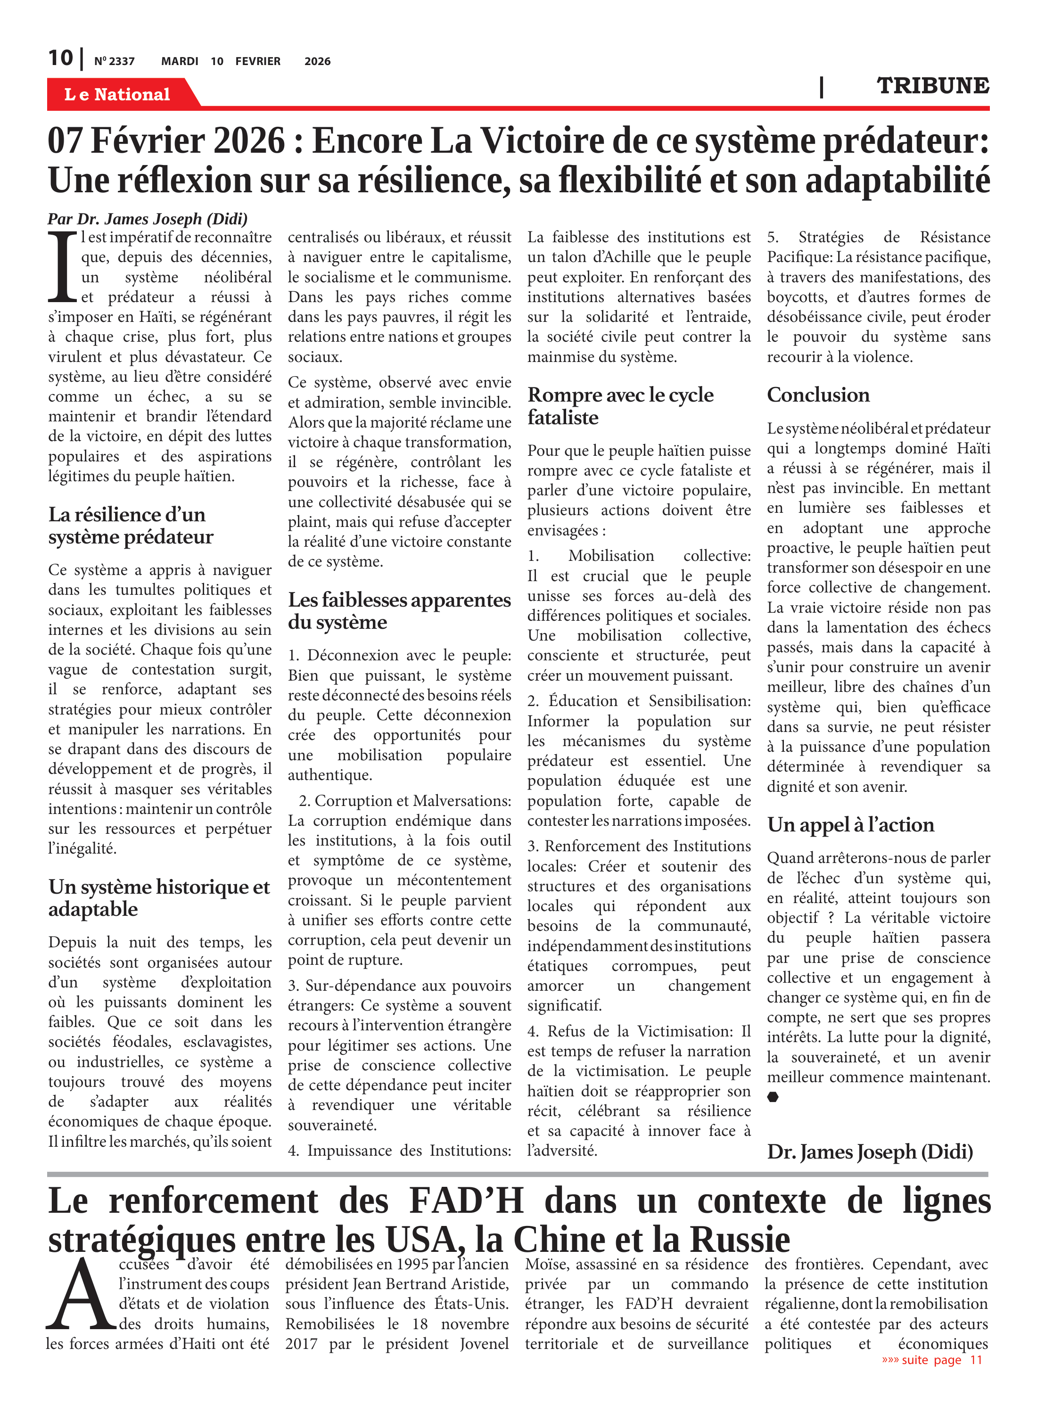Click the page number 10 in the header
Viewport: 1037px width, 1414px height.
(x=60, y=58)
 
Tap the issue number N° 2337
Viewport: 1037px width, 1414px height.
(x=114, y=61)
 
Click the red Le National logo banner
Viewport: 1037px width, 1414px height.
(x=117, y=94)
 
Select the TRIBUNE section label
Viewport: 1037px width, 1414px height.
(x=932, y=85)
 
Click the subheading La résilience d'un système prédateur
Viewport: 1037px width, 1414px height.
(x=131, y=526)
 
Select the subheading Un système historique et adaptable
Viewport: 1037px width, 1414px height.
(x=159, y=897)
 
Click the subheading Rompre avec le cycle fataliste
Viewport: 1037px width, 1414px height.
(x=620, y=405)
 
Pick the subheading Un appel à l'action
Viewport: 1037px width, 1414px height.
(x=850, y=824)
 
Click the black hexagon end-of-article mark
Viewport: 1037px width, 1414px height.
(x=773, y=1096)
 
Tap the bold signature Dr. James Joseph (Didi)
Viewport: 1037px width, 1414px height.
(x=869, y=1151)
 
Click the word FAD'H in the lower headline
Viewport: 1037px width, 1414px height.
(x=466, y=1200)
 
